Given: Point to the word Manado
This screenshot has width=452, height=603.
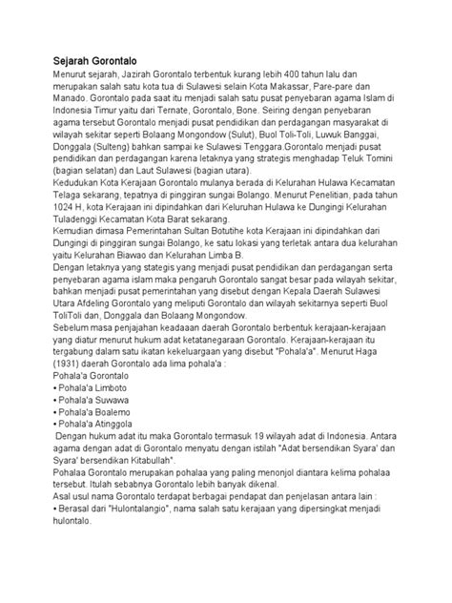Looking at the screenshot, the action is click(72, 108).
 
